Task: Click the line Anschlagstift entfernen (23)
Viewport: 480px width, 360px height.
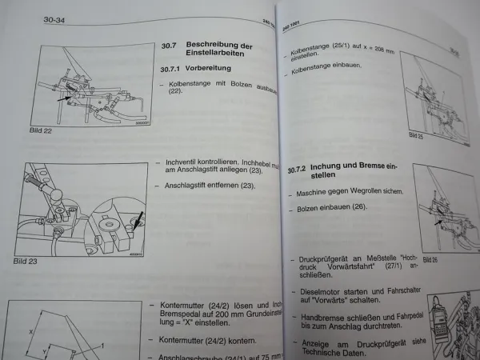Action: [x=208, y=186]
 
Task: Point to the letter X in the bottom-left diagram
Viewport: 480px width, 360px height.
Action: [x=30, y=329]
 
